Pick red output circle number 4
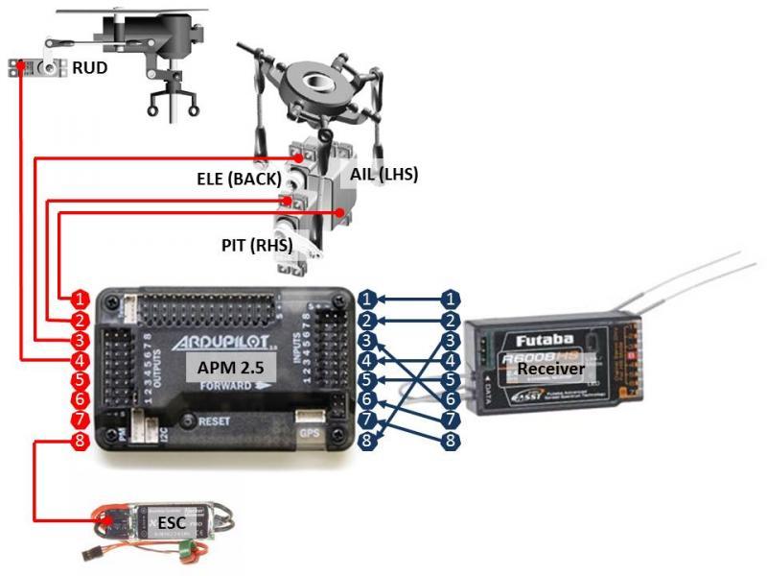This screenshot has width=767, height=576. point(81,361)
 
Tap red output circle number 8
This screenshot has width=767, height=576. point(81,443)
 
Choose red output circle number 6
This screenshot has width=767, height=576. point(81,401)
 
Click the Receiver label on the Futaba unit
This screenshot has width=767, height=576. point(550,368)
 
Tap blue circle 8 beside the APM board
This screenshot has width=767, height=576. point(368,443)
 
